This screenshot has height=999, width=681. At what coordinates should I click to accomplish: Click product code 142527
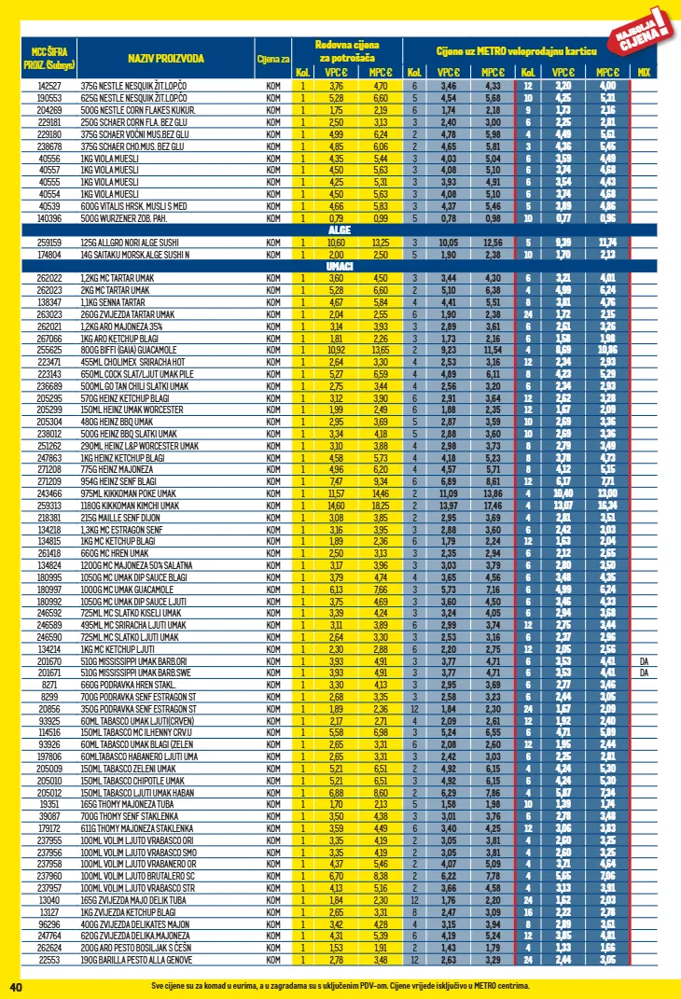pos(49,85)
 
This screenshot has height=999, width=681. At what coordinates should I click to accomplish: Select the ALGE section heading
pos(339,229)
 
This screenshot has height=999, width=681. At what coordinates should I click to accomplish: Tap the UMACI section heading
pos(339,266)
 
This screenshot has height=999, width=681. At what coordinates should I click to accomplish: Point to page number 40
pos(15,986)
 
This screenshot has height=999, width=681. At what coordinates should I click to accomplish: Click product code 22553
pos(49,959)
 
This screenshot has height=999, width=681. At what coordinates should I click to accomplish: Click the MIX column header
pos(644,72)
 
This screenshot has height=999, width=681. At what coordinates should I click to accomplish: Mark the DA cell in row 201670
pos(644,660)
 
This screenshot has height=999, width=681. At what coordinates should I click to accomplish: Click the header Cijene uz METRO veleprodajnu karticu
pos(515,49)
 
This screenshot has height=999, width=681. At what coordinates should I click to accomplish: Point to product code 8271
pos(49,684)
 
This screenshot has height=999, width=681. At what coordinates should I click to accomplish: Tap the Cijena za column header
pos(271,60)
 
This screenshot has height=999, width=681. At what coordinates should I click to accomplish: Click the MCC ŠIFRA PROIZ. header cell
pos(49,59)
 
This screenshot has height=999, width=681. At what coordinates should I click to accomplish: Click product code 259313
pos(49,505)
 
